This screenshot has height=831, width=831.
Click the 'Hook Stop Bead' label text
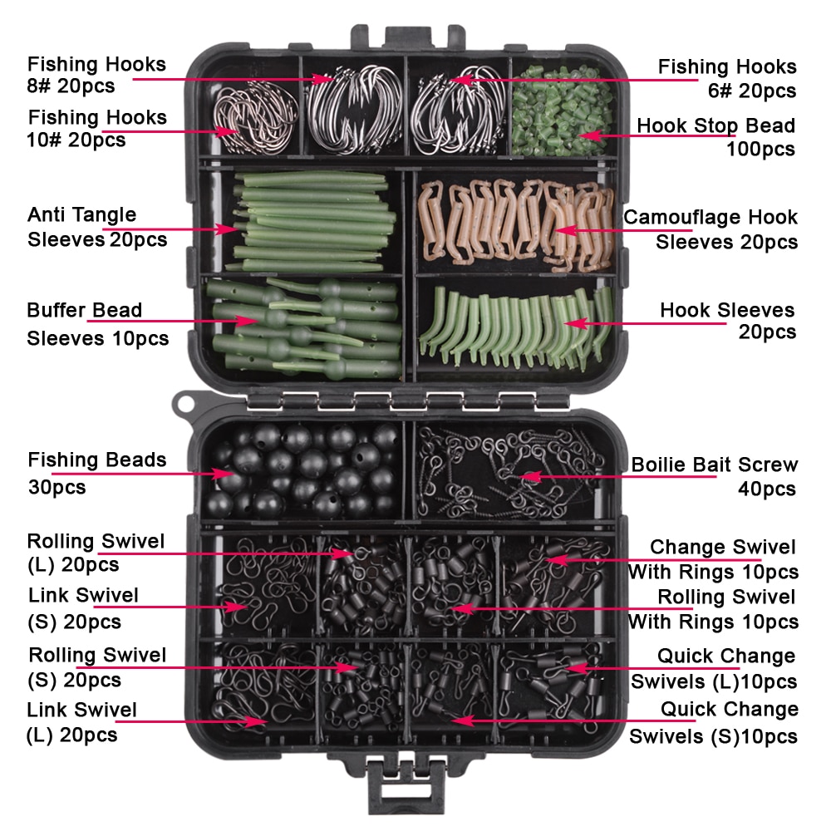tap(715, 125)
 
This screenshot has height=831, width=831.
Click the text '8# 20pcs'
tap(71, 86)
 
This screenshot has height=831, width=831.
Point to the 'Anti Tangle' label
tap(81, 215)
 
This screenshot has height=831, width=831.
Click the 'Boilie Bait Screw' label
tap(714, 465)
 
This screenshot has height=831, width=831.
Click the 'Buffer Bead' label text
tap(84, 311)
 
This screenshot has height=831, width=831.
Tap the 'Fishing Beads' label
tap(96, 460)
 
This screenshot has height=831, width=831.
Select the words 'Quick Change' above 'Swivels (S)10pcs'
tap(729, 710)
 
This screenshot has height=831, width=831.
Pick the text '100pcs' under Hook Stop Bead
tap(760, 150)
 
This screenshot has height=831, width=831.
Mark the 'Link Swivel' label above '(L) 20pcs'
tap(81, 711)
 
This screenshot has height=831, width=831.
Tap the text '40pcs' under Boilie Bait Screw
tap(767, 489)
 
